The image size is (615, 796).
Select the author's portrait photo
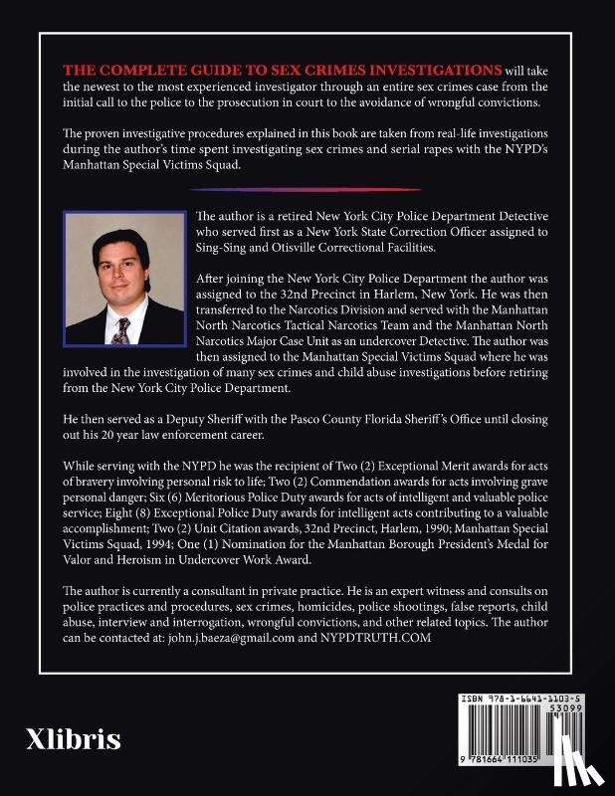(123, 280)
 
